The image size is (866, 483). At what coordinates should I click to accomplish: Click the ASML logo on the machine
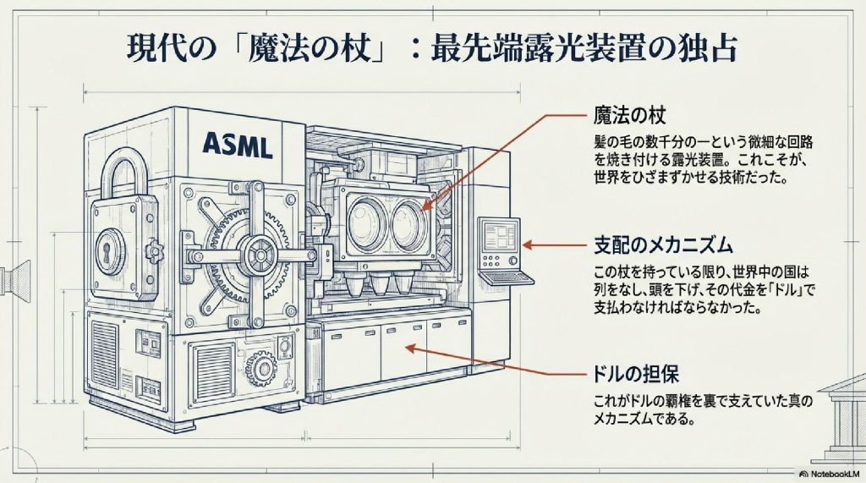(237, 145)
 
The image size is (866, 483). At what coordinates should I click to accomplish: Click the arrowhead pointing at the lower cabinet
(408, 347)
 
